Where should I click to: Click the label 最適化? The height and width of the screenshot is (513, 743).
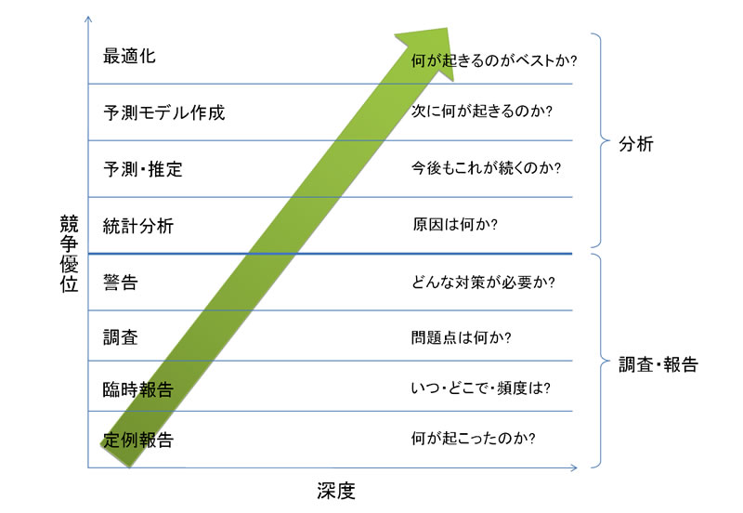[129, 56]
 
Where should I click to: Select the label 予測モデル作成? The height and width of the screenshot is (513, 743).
[164, 113]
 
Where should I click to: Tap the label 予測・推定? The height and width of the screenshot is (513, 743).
[143, 169]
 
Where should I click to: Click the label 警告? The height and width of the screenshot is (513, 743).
[121, 282]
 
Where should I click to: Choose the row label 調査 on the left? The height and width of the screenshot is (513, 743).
[121, 336]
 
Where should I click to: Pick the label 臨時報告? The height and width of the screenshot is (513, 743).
[138, 388]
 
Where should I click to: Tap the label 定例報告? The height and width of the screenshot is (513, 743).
[138, 439]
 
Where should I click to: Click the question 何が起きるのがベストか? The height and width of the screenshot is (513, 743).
[495, 62]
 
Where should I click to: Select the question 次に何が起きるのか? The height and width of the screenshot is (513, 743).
[483, 113]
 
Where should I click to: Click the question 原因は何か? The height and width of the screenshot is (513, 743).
[456, 224]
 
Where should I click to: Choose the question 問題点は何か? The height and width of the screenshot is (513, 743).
[463, 336]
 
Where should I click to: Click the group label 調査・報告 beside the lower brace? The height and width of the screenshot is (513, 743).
[658, 364]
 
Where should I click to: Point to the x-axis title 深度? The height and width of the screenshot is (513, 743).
[335, 490]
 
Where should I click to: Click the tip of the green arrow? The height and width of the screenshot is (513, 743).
[450, 28]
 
